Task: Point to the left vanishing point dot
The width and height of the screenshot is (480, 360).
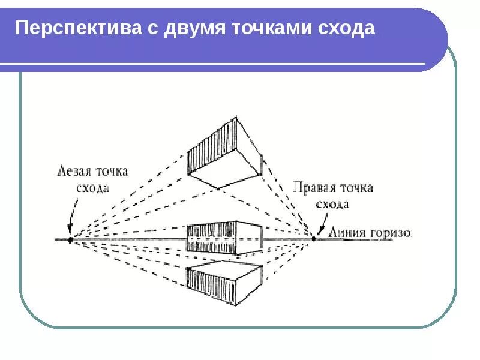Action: pos(70,239)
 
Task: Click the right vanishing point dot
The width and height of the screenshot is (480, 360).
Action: pos(313,238)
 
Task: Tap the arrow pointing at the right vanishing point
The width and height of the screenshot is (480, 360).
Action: pos(321,230)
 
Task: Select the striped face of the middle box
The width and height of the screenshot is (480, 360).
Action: pos(210,238)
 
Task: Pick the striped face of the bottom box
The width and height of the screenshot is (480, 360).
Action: pos(210,284)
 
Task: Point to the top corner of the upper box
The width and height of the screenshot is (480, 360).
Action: pos(238,115)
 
